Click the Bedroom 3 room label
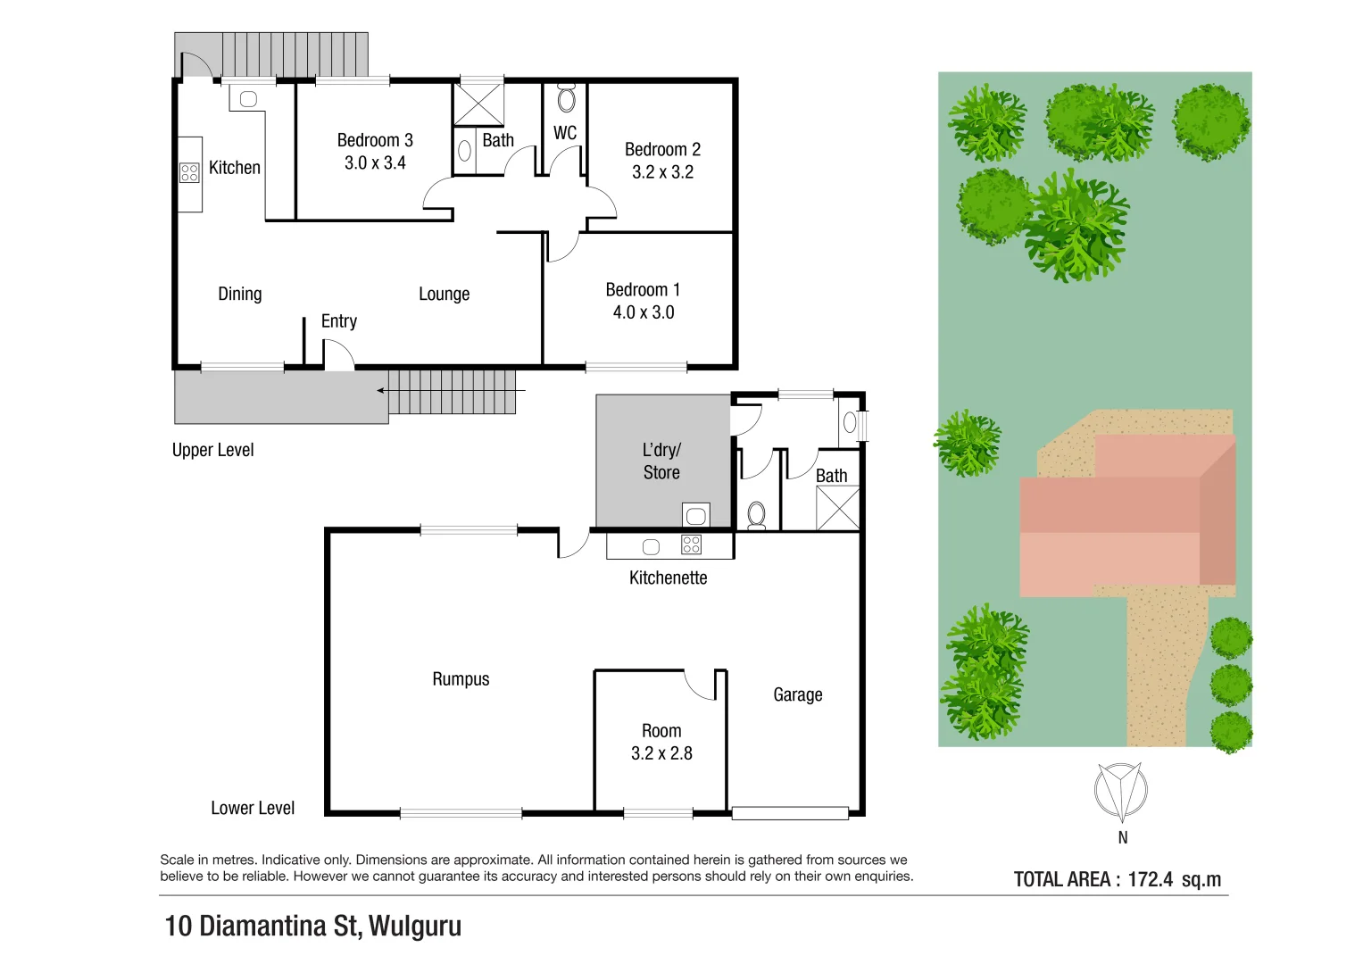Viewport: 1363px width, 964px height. [375, 140]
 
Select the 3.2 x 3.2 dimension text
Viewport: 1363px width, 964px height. [662, 172]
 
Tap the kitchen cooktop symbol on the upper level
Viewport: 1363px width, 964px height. [189, 172]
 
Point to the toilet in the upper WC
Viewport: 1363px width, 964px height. [567, 98]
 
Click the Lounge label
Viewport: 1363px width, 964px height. [444, 295]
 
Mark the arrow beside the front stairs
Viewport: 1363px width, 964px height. [383, 391]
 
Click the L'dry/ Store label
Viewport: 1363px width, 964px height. [661, 461]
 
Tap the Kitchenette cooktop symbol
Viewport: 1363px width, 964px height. [691, 544]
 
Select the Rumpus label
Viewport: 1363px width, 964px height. [461, 679]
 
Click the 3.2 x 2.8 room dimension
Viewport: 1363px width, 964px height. [661, 753]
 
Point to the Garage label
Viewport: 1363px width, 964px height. [797, 694]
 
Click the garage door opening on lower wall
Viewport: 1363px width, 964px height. [789, 813]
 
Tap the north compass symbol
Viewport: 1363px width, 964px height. [1120, 791]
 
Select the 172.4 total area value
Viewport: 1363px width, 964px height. [1150, 879]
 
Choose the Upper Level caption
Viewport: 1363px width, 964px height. [212, 450]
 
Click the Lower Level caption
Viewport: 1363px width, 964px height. [253, 808]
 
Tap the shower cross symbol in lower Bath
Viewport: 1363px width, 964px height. [838, 509]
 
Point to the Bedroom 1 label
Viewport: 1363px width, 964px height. [643, 290]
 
